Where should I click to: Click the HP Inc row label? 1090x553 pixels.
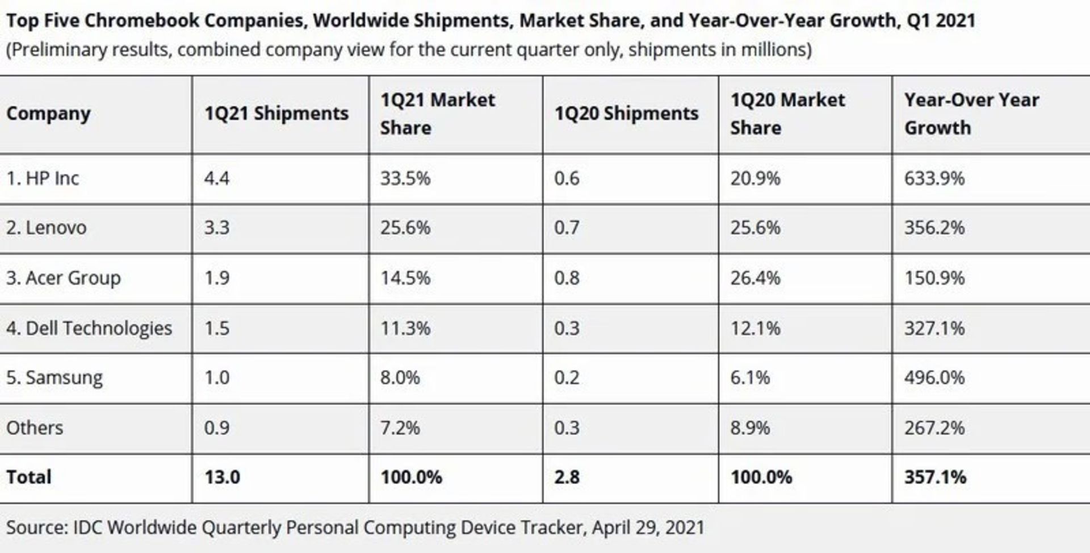pos(43,179)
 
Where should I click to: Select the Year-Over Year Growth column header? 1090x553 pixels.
pos(971,114)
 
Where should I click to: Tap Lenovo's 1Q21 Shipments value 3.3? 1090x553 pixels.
pos(217,228)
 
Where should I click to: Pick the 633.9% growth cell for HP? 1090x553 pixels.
pos(934,179)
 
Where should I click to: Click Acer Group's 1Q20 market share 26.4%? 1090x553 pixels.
pos(755,278)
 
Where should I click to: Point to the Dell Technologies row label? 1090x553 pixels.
pos(89,328)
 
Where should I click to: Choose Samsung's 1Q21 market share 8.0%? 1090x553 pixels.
pos(400,378)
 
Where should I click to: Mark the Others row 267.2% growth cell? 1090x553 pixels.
pos(934,428)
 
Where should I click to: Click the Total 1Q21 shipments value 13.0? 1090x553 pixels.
pos(222,477)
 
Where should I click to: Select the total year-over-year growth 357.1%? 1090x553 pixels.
pos(935,477)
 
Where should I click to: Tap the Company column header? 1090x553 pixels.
pos(48,114)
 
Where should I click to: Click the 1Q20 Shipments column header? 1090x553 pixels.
pos(626,114)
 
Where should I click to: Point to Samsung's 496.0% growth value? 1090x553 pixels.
pos(934,378)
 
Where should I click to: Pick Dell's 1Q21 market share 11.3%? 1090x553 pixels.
pos(405,328)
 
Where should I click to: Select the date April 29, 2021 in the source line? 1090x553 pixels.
pos(648,527)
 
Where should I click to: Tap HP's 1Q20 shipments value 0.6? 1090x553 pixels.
pos(567,179)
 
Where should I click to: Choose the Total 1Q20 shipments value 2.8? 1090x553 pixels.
pos(567,477)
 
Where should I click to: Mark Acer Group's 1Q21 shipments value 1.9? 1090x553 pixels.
pos(217,278)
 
